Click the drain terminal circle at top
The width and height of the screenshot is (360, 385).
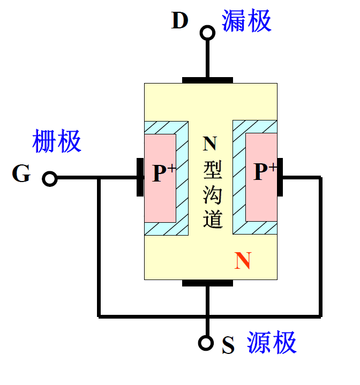(x=207, y=33)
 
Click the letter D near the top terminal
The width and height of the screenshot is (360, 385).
(x=180, y=21)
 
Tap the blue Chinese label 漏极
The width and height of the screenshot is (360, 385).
(x=247, y=21)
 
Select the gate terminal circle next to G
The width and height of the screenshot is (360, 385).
(x=50, y=179)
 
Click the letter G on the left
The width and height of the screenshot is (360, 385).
(x=21, y=174)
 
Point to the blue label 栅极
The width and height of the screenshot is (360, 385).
(x=57, y=141)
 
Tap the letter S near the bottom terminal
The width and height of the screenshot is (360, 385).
(x=229, y=346)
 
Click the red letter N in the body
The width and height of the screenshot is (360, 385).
(x=243, y=261)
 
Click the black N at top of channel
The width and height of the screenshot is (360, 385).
(x=210, y=144)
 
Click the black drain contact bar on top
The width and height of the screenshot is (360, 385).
(x=208, y=80)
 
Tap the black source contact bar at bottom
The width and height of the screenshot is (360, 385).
(x=207, y=283)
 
